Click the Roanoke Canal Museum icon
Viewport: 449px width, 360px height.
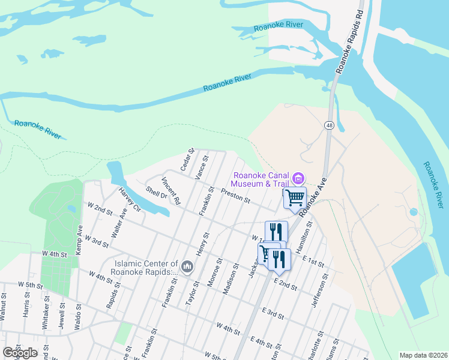(298, 178)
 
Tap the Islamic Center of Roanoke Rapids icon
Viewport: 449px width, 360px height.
(187, 266)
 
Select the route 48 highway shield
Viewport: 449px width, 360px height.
(330, 125)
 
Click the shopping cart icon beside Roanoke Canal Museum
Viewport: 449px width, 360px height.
(295, 197)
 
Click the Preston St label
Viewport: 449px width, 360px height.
(235, 196)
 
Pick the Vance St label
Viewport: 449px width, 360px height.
(201, 167)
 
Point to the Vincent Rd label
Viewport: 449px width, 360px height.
(170, 191)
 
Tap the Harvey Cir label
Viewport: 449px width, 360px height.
(129, 200)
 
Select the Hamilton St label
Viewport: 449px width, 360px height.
(307, 235)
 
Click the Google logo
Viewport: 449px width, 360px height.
(20, 353)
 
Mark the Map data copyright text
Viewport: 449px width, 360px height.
(423, 355)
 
